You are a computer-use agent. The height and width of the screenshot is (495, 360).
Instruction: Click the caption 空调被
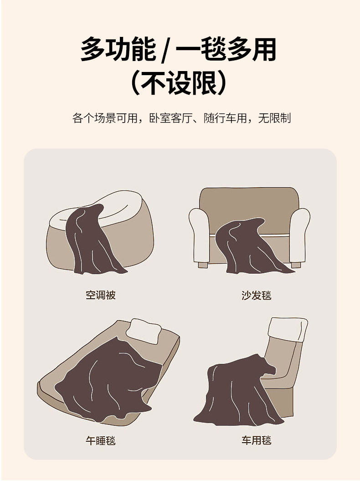click(x=100, y=295)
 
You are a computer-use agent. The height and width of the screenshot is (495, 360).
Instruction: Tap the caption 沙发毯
click(x=256, y=295)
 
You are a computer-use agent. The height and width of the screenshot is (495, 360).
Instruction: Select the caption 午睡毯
click(x=100, y=440)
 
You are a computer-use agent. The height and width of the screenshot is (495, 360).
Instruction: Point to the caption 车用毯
click(x=256, y=440)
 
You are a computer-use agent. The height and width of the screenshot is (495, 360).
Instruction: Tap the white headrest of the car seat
click(x=288, y=329)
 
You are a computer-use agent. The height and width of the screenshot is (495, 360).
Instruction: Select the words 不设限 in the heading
click(x=179, y=83)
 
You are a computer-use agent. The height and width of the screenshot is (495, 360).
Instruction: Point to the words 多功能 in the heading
click(x=118, y=49)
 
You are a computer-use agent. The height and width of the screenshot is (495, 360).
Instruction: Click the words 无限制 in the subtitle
click(x=274, y=118)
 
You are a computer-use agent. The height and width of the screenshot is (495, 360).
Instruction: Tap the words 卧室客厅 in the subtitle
click(x=170, y=118)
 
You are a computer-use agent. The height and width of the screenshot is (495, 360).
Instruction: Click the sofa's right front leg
click(x=296, y=265)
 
